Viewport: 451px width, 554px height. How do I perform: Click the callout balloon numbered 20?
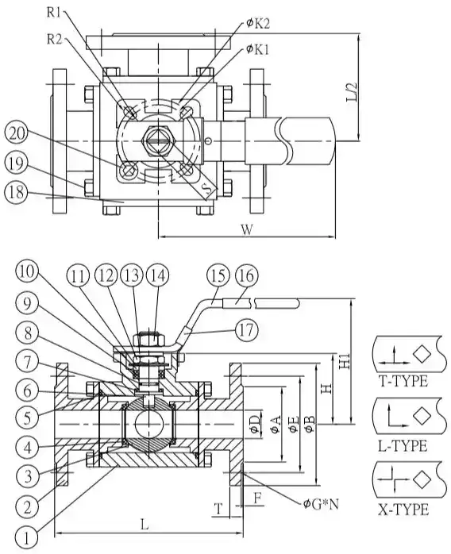tap(17, 133)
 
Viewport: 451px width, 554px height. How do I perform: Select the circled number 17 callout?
tap(246, 330)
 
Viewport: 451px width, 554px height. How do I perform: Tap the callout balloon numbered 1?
tap(28, 539)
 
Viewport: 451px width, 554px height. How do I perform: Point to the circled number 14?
tap(157, 275)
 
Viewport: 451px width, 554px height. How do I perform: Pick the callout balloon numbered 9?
tap(28, 304)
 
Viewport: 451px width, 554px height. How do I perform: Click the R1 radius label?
tap(54, 13)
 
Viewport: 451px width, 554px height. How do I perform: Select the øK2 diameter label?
tap(258, 24)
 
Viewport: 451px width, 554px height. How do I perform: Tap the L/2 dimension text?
tap(352, 92)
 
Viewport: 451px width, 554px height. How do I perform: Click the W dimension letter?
tap(248, 230)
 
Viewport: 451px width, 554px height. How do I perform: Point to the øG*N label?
tap(321, 504)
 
